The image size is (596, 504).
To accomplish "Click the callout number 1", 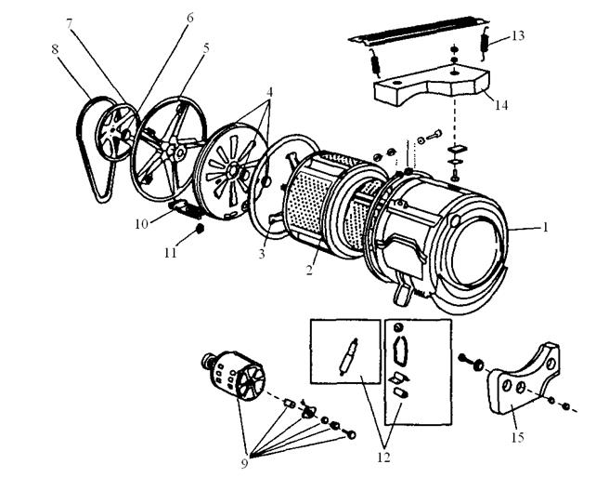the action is (x=546, y=227).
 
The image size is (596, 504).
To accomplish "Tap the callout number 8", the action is (x=55, y=49).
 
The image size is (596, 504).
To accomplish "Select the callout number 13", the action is (x=518, y=35).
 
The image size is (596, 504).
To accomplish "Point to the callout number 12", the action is (x=384, y=458).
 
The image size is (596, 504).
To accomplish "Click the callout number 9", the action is (x=244, y=463).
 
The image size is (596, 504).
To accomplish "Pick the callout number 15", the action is (x=518, y=437).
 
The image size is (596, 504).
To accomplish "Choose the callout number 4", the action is (x=269, y=92).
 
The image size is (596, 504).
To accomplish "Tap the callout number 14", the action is (x=501, y=105).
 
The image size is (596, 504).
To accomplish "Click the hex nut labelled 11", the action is (x=199, y=229).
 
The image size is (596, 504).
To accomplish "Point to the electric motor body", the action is (x=233, y=375).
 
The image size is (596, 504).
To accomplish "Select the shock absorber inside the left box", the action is (x=348, y=357).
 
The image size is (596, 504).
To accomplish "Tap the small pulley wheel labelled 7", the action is (x=117, y=132).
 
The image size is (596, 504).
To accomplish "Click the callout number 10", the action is (x=141, y=224).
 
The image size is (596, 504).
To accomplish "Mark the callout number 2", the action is (x=309, y=270).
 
